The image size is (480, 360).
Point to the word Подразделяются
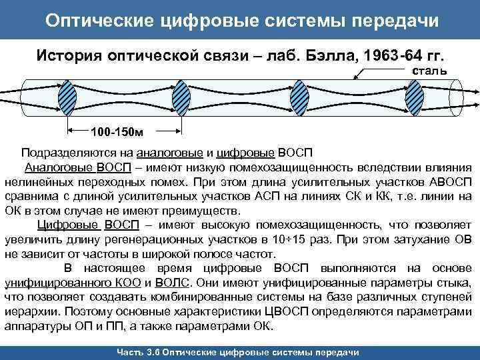65,153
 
